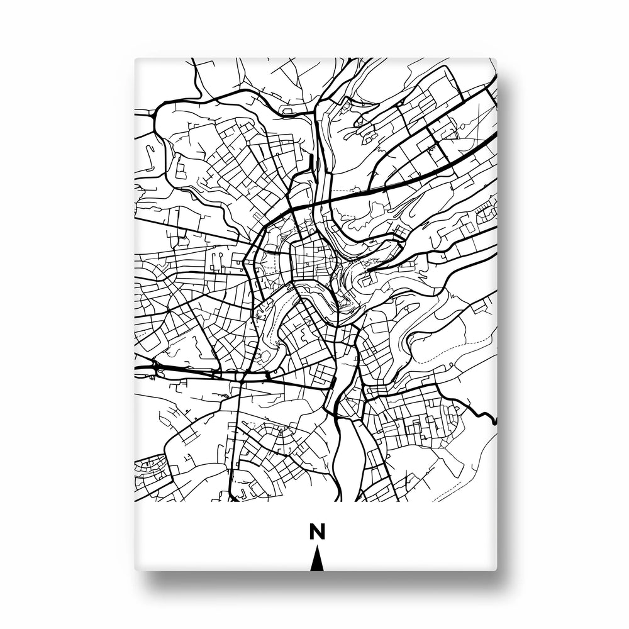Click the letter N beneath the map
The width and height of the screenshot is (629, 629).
tap(317, 532)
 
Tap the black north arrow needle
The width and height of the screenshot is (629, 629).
tap(317, 562)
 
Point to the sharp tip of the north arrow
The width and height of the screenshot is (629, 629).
tap(317, 548)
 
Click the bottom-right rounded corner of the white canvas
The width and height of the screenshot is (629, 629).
tap(494, 569)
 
